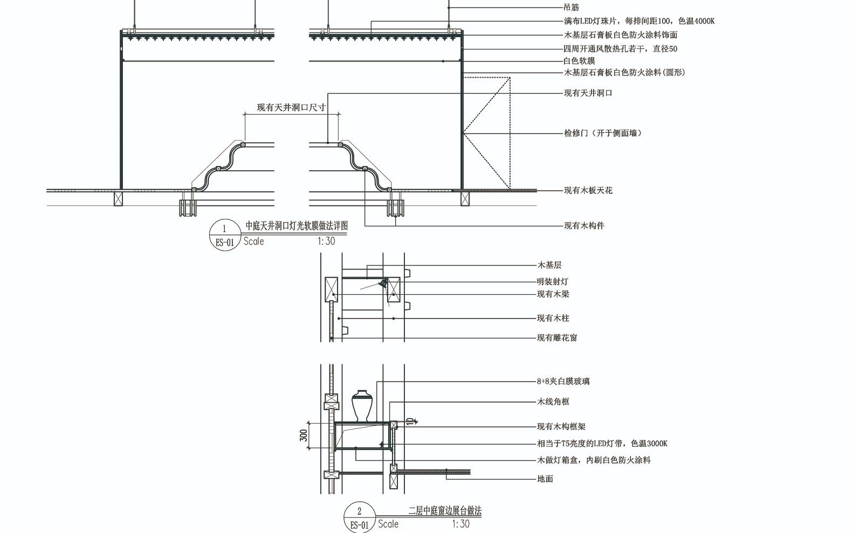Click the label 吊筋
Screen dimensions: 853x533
click(x=571, y=7)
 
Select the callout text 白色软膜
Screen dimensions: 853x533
click(x=579, y=61)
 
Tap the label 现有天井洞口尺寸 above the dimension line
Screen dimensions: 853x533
click(x=291, y=107)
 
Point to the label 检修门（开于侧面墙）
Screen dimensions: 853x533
click(x=602, y=133)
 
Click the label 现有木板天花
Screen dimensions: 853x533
click(x=588, y=190)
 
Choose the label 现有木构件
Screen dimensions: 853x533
click(x=584, y=226)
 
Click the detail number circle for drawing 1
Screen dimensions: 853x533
click(x=225, y=236)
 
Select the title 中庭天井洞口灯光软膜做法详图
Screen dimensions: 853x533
click(x=296, y=226)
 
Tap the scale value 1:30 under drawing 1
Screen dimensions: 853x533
click(x=326, y=241)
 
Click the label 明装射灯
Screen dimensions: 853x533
click(x=553, y=282)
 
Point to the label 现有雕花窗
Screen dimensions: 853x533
click(x=557, y=338)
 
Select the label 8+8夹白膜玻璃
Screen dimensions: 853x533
click(x=563, y=381)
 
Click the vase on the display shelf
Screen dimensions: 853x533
click(x=362, y=406)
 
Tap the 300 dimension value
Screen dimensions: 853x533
click(x=304, y=435)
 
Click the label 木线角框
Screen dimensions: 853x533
click(x=553, y=402)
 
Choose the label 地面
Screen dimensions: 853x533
click(x=545, y=479)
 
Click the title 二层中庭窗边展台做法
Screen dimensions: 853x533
click(x=445, y=510)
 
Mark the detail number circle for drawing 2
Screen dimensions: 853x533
click(x=359, y=518)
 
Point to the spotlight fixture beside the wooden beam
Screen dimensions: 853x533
click(x=383, y=283)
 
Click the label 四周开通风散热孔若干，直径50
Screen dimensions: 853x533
click(x=620, y=49)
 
